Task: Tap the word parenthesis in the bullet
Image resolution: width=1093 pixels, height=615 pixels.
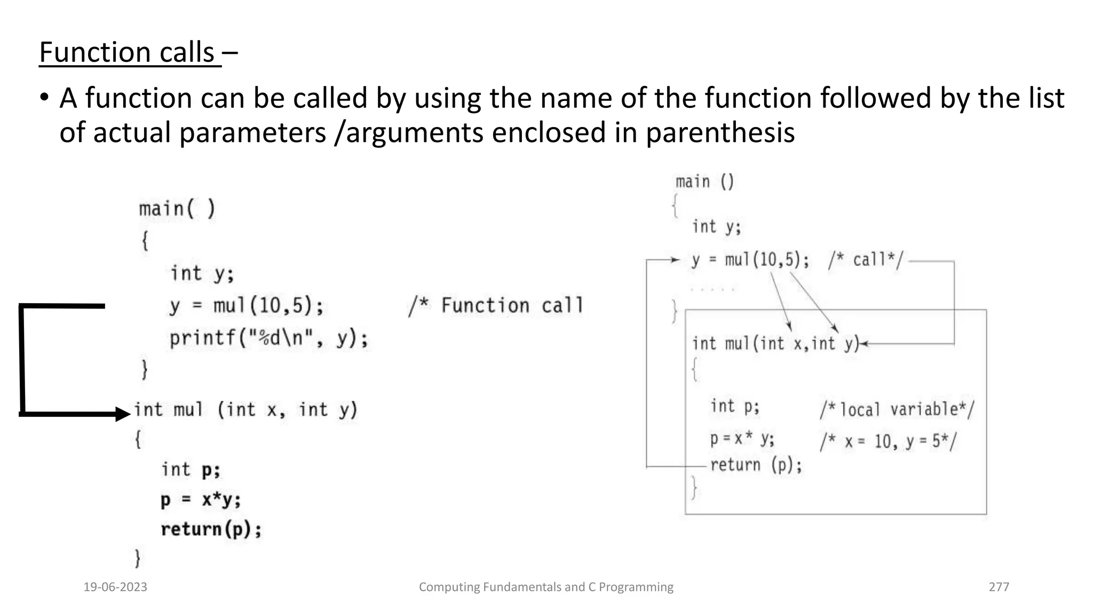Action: pyautogui.click(x=720, y=132)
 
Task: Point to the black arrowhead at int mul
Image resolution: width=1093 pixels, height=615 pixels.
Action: pyautogui.click(x=123, y=414)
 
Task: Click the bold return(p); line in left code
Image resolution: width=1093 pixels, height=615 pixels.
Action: pyautogui.click(x=211, y=530)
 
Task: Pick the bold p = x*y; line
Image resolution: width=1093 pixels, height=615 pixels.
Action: pyautogui.click(x=201, y=500)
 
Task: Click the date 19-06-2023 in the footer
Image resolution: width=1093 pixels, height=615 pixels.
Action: pyautogui.click(x=115, y=587)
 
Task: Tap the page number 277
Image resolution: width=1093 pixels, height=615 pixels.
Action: pyautogui.click(x=999, y=587)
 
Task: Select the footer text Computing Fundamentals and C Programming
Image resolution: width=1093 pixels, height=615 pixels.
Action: pyautogui.click(x=546, y=587)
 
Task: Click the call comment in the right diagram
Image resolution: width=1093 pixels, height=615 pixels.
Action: pyautogui.click(x=865, y=261)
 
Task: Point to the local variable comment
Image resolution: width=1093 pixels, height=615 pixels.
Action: pyautogui.click(x=897, y=410)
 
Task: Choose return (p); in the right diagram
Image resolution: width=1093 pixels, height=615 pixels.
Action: pyautogui.click(x=756, y=465)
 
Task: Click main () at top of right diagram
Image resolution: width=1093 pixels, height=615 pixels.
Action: pyautogui.click(x=704, y=182)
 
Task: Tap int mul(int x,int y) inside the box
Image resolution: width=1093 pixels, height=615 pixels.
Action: pyautogui.click(x=775, y=344)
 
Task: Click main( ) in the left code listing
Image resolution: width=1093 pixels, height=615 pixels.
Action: pyautogui.click(x=177, y=209)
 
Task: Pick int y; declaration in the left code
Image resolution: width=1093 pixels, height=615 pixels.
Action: pyautogui.click(x=202, y=274)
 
